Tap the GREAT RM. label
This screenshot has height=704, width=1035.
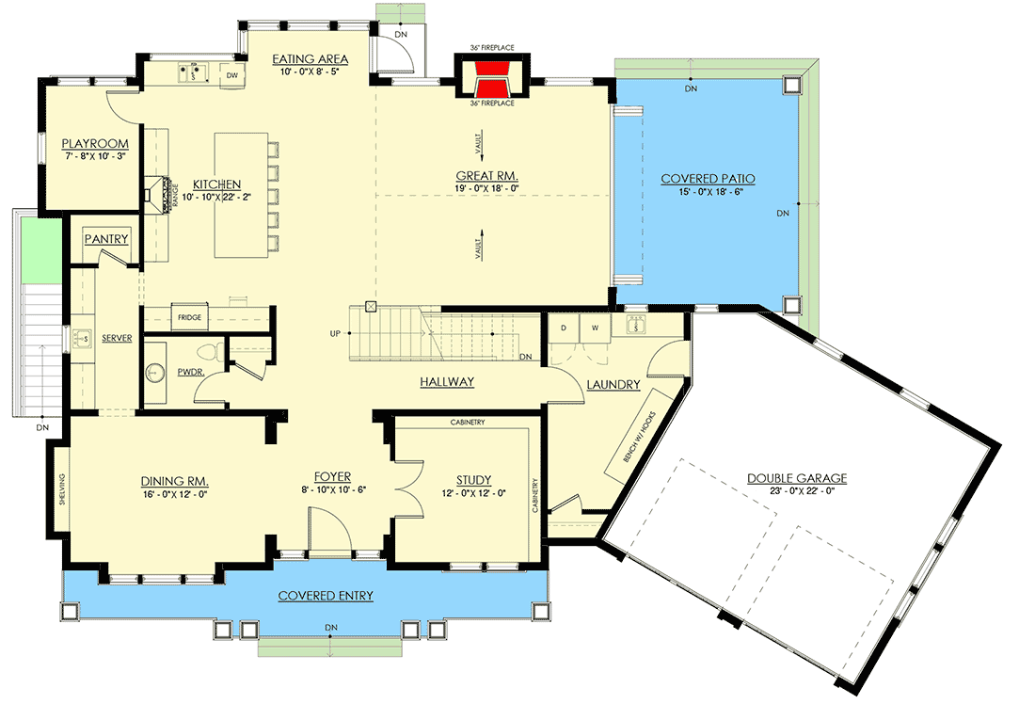click(487, 175)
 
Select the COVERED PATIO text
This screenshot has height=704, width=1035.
click(708, 179)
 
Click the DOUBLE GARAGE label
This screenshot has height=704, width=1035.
click(797, 478)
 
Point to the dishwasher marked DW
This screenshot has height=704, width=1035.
click(232, 72)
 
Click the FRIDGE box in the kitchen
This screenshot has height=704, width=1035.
click(189, 318)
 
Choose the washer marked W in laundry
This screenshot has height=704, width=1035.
click(595, 328)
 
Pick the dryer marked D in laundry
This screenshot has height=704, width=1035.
click(564, 328)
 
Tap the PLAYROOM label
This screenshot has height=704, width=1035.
click(94, 144)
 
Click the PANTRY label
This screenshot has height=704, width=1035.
click(106, 239)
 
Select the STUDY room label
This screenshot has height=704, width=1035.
click(472, 479)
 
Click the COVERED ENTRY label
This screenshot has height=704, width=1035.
click(326, 596)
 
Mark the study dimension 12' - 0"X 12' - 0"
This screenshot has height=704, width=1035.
click(472, 492)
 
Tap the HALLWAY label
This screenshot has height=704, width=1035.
click(446, 382)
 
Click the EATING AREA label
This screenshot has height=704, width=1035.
click(306, 60)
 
